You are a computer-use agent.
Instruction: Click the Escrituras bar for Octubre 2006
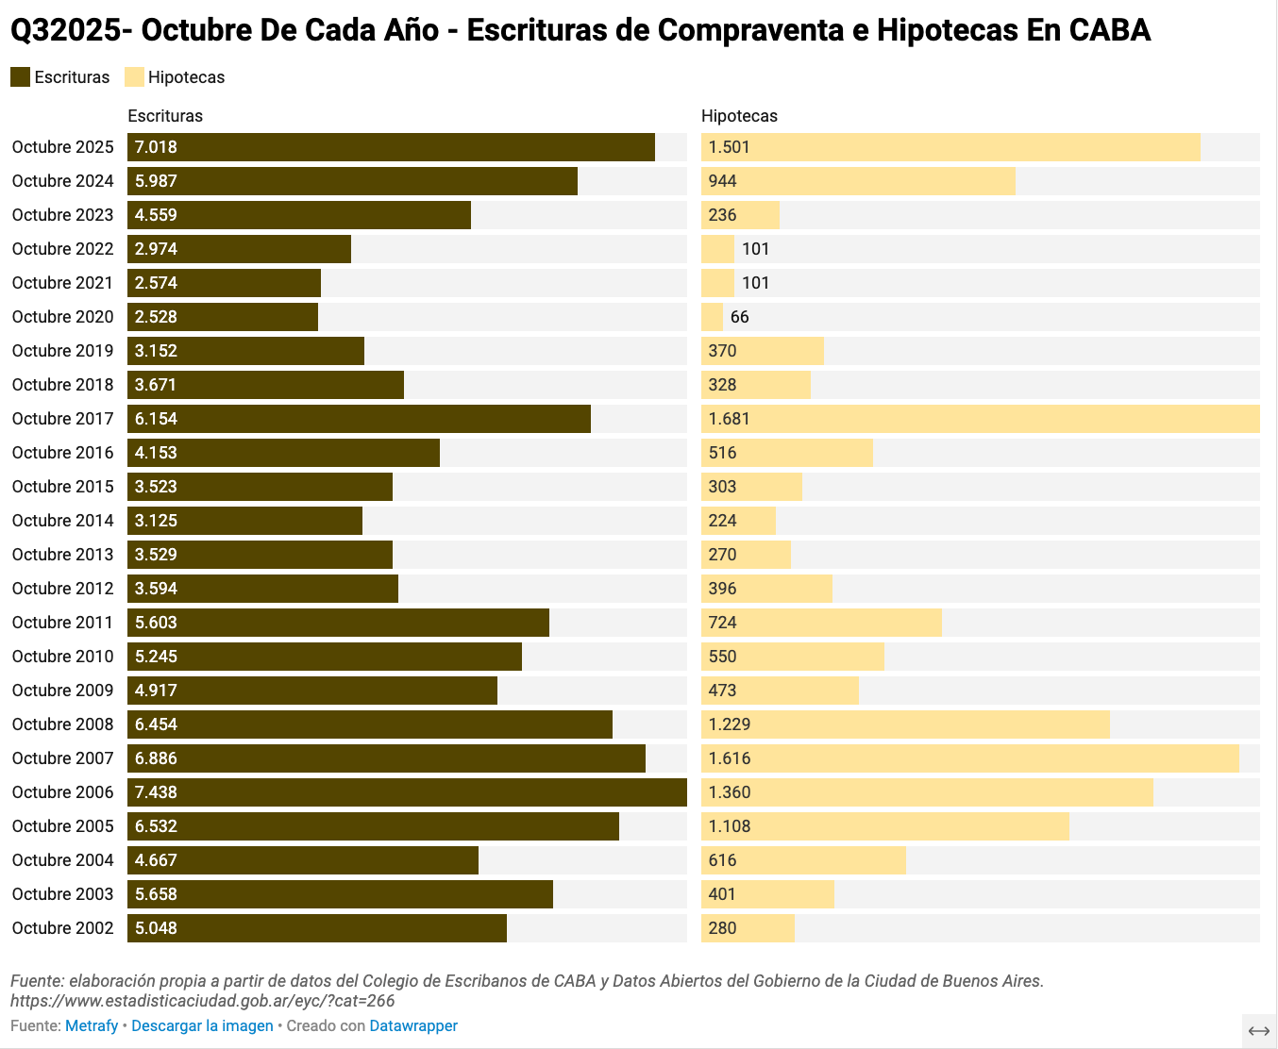tap(407, 792)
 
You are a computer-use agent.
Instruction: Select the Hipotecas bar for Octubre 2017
tap(980, 419)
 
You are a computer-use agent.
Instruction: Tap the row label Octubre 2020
tap(62, 317)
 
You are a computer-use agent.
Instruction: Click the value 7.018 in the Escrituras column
tap(156, 147)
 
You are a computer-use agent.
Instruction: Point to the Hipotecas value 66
tap(739, 317)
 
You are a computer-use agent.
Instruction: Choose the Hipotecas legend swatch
tap(134, 77)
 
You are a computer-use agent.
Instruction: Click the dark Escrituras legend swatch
tap(21, 77)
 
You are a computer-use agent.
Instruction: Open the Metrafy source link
tap(92, 1025)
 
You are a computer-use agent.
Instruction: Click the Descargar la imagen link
tap(202, 1025)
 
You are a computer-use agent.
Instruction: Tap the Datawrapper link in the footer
tap(413, 1025)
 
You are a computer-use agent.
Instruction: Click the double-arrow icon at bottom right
tap(1258, 1031)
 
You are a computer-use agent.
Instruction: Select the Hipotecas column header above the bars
tap(739, 116)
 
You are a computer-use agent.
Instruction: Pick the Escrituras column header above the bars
tap(165, 116)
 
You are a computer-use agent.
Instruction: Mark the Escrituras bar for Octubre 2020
tap(223, 317)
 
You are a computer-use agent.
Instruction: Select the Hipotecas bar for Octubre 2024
tap(858, 181)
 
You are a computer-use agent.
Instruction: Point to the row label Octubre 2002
tap(62, 928)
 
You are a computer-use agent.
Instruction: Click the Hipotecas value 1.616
tap(730, 758)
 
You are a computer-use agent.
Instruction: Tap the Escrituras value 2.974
tap(156, 249)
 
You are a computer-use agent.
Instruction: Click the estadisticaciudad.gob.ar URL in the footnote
tap(202, 1001)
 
